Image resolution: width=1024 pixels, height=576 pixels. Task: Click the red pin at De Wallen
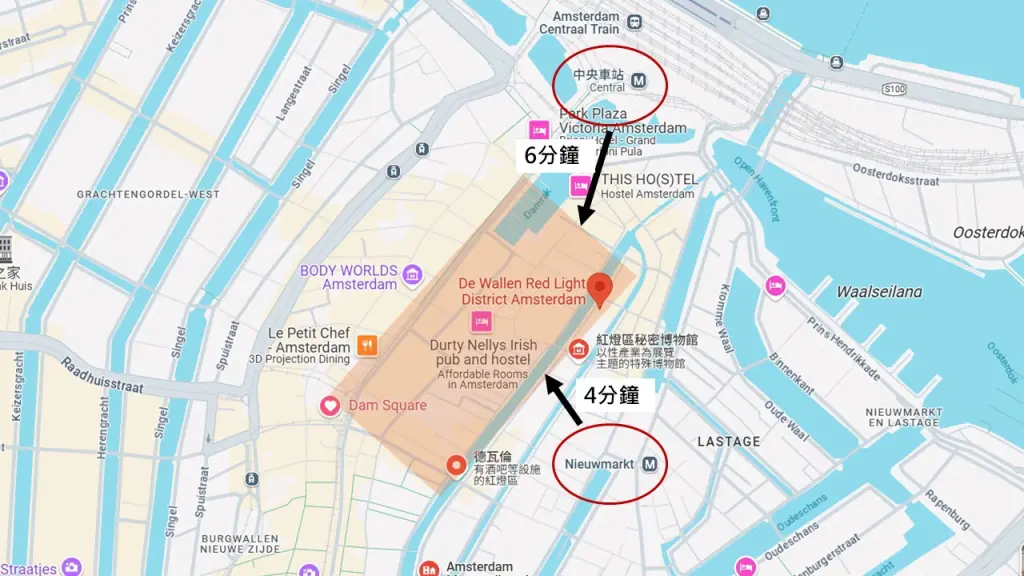600,288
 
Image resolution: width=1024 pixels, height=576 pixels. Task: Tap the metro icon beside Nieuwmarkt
651,464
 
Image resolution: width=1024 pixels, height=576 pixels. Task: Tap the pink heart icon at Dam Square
329,405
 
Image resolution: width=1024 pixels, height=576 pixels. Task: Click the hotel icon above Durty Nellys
481,321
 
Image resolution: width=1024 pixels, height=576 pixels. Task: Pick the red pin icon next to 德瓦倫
456,465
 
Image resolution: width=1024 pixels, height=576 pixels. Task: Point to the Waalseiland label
879,292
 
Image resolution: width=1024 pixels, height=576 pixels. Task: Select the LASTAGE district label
728,441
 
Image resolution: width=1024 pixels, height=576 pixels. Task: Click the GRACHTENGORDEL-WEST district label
148,193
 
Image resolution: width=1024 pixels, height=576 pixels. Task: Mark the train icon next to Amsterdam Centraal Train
634,22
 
